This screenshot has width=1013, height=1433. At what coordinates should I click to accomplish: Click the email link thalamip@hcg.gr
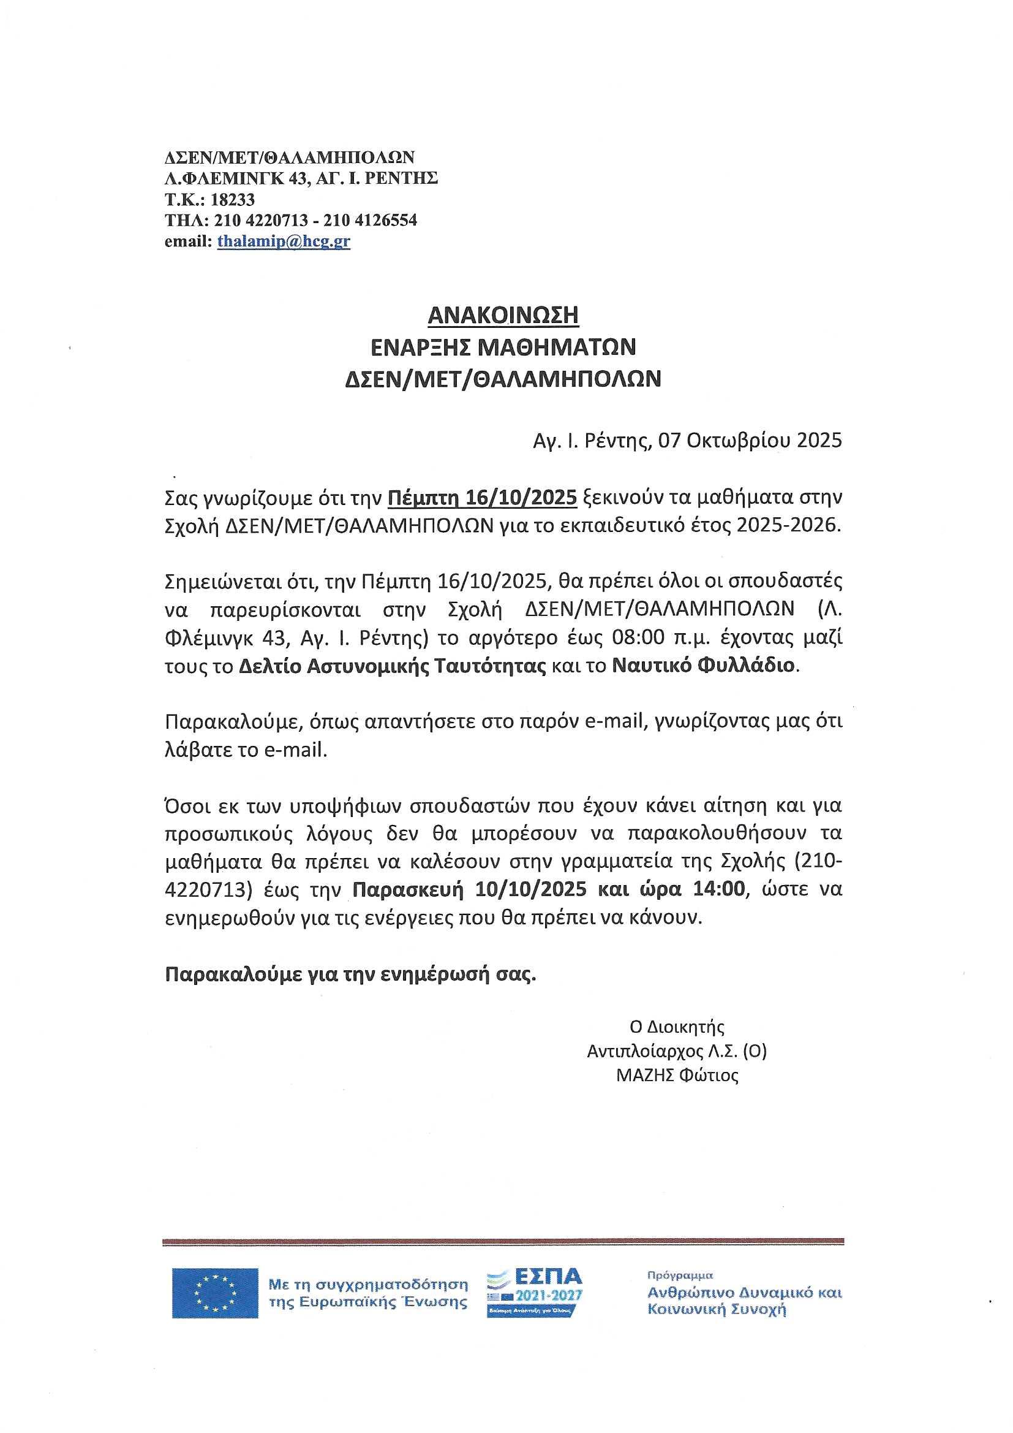pyautogui.click(x=283, y=241)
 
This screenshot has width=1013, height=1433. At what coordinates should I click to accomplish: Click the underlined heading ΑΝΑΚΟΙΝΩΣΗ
pyautogui.click(x=503, y=315)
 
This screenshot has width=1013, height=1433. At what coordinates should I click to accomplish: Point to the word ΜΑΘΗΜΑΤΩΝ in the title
pyautogui.click(x=556, y=347)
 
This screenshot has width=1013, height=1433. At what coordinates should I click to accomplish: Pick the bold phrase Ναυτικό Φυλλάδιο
pyautogui.click(x=702, y=666)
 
